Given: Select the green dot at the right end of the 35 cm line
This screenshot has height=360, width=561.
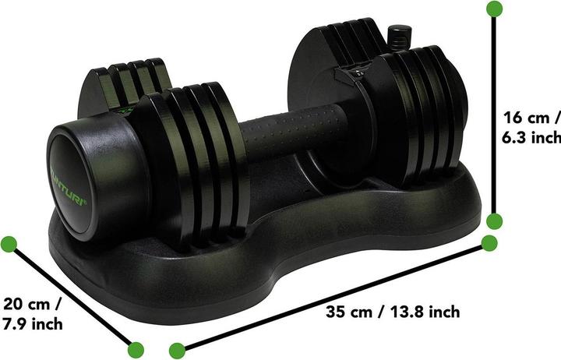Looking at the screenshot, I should click(x=489, y=243).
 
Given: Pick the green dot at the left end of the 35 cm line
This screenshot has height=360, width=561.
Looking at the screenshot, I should click(x=177, y=348).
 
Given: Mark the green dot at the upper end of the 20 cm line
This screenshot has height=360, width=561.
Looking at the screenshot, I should click(x=9, y=244).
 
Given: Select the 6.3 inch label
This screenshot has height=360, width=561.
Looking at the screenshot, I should click(x=531, y=137).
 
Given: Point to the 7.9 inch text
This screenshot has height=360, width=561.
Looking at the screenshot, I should click(x=33, y=323).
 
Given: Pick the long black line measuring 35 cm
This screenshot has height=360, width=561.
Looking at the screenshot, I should click(x=333, y=296).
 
